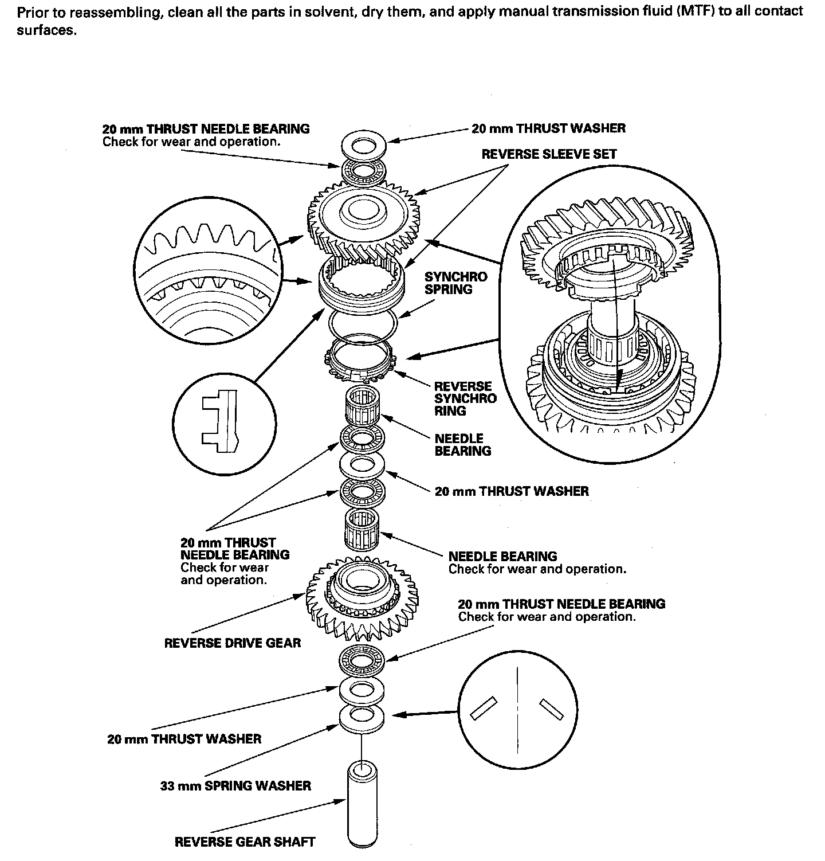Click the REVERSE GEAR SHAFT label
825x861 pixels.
245,842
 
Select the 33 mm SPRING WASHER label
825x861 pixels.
235,785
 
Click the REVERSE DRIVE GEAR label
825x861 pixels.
232,643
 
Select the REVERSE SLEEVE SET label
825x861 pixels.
549,154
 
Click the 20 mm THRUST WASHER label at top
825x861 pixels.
548,128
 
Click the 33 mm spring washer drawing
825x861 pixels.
363,719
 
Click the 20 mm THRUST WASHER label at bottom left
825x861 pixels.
184,739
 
